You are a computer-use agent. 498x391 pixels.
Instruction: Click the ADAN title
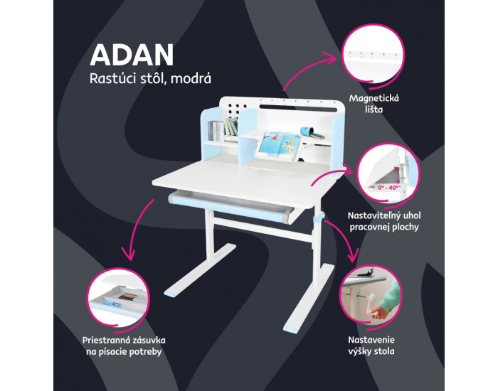(x=132, y=55)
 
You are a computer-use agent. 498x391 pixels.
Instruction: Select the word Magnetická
(x=373, y=98)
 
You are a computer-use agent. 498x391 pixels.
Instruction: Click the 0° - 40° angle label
(x=388, y=188)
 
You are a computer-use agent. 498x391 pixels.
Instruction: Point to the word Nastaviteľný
(x=373, y=216)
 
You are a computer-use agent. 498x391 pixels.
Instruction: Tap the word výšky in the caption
(x=360, y=351)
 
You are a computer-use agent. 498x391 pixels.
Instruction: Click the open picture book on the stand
(x=280, y=146)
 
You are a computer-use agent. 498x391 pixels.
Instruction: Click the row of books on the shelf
(x=223, y=129)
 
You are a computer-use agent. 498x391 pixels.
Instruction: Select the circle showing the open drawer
(x=118, y=299)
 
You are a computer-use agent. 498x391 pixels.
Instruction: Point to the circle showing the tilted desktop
(x=388, y=172)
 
